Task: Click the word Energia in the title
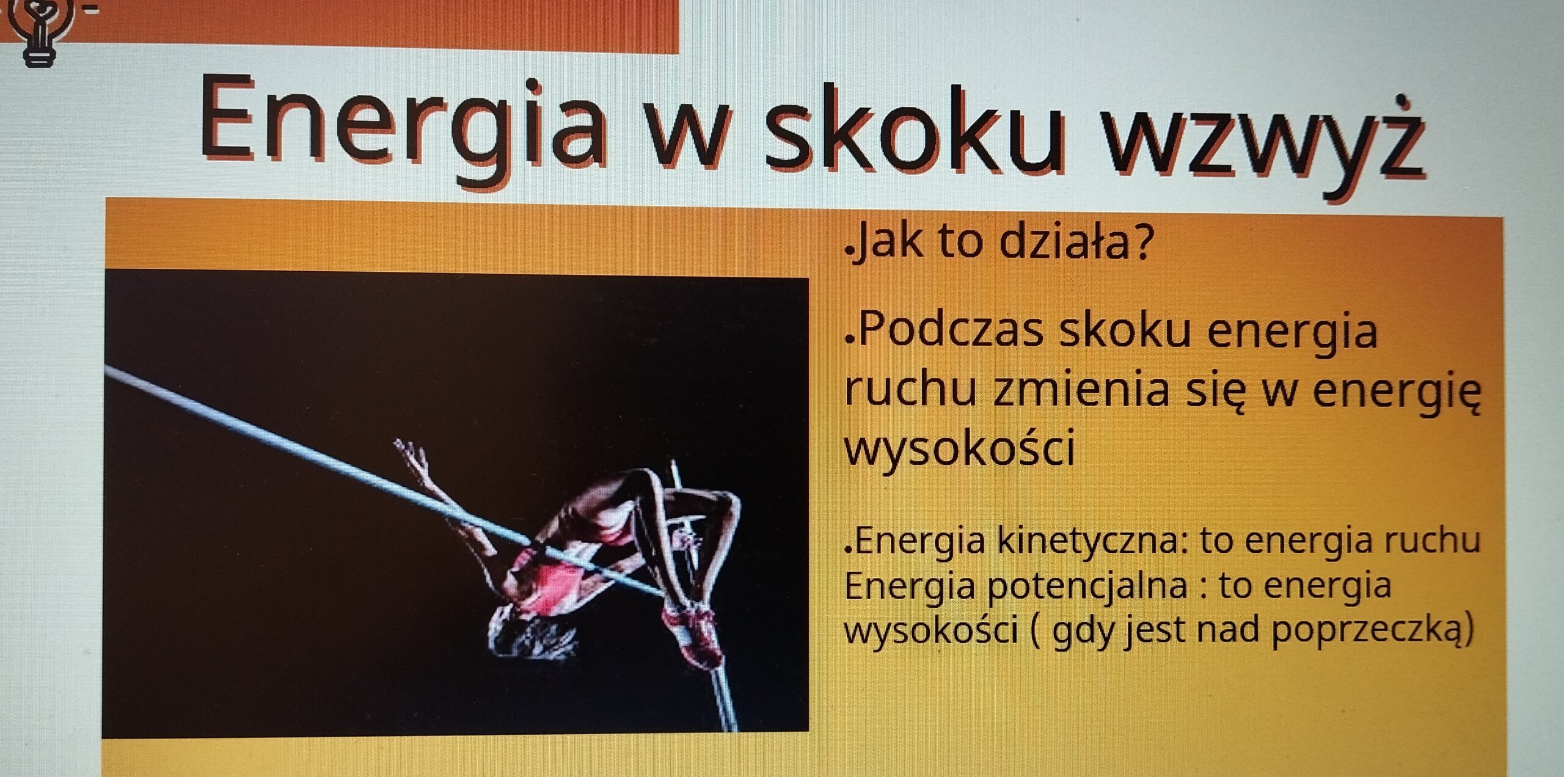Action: click(x=404, y=125)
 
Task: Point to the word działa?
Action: click(x=1076, y=241)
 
